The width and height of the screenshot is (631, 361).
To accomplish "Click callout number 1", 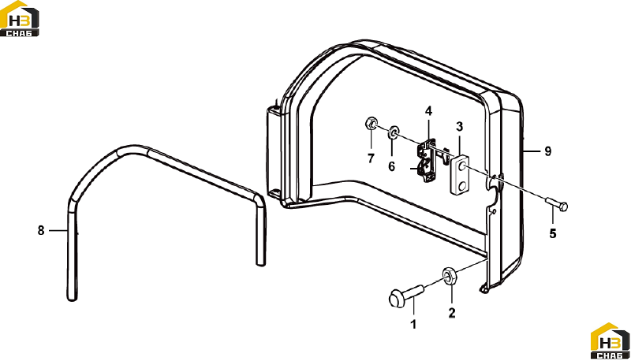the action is pyautogui.click(x=413, y=324).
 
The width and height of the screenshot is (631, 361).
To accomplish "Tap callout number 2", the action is pyautogui.click(x=452, y=313).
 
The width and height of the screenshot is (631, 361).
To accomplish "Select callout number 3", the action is pyautogui.click(x=460, y=127).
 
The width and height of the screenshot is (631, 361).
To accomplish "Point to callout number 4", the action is pyautogui.click(x=428, y=111).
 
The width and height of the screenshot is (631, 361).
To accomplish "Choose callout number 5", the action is pyautogui.click(x=553, y=233).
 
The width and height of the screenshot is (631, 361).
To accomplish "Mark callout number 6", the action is pyautogui.click(x=391, y=166).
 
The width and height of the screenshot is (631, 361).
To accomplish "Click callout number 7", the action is pyautogui.click(x=371, y=158).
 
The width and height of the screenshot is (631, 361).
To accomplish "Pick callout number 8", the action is pyautogui.click(x=41, y=230).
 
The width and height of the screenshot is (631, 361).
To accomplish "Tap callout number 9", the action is pyautogui.click(x=547, y=151).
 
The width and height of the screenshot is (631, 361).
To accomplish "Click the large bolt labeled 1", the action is pyautogui.click(x=405, y=296).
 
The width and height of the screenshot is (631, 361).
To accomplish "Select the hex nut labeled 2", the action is pyautogui.click(x=449, y=276).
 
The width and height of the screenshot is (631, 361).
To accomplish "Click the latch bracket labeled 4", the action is pyautogui.click(x=427, y=160).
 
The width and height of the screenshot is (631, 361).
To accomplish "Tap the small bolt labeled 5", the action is pyautogui.click(x=556, y=204).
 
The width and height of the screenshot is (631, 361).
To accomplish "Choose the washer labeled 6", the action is pyautogui.click(x=393, y=132).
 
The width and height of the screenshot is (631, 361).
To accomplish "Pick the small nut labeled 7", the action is pyautogui.click(x=371, y=123).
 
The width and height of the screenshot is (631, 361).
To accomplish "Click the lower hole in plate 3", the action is pyautogui.click(x=462, y=185).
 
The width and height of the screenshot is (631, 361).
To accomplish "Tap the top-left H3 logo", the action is pyautogui.click(x=19, y=18).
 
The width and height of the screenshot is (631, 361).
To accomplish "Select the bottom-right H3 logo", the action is pyautogui.click(x=610, y=341).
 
